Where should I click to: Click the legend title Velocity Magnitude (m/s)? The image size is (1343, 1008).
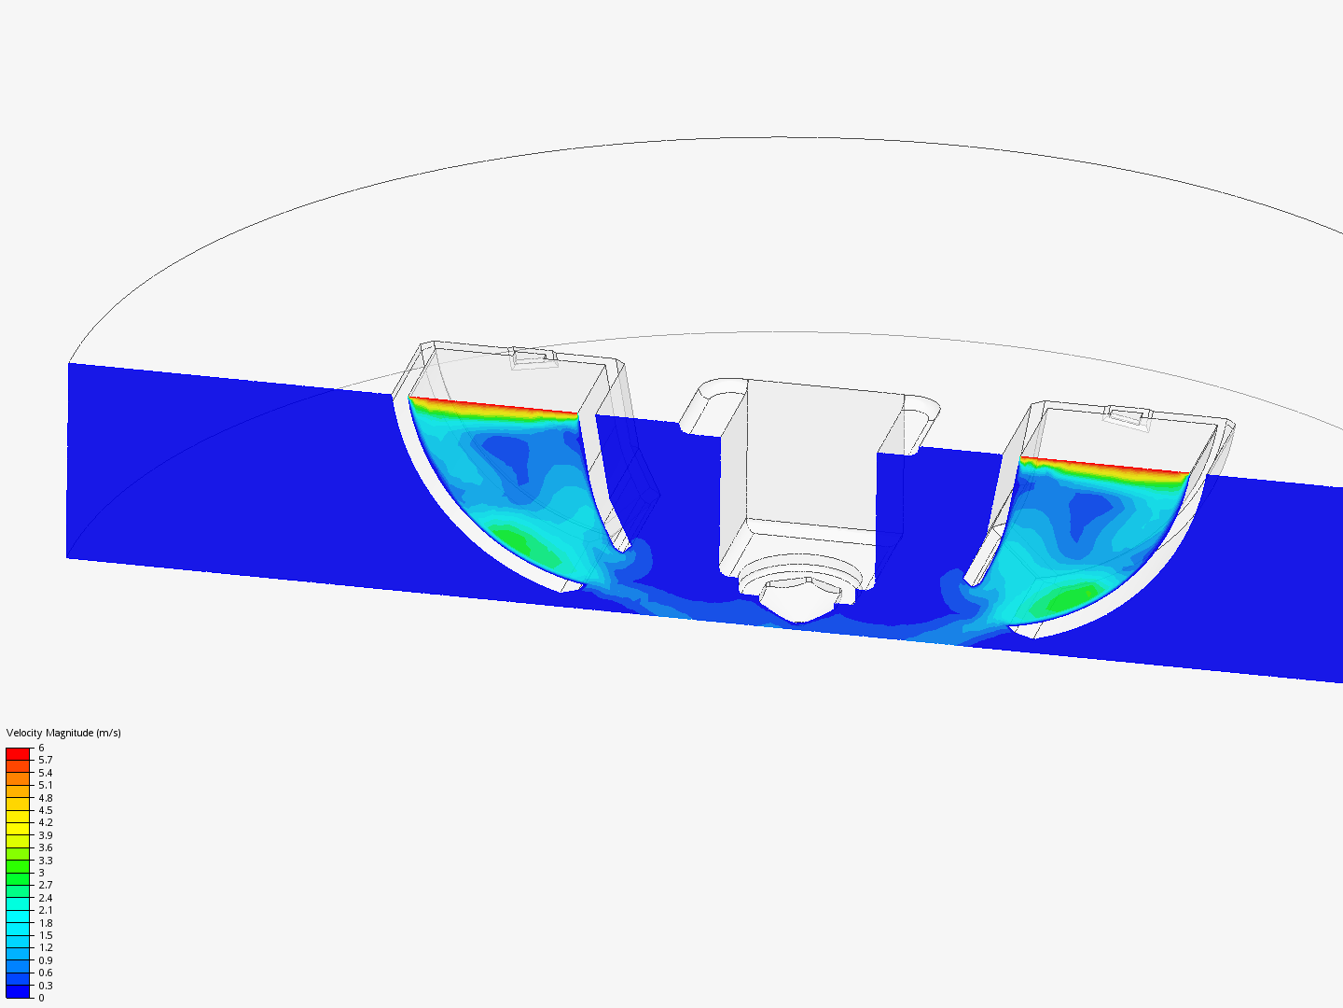63,733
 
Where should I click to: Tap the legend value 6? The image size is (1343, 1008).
41,748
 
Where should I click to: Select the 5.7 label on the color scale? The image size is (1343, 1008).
45,760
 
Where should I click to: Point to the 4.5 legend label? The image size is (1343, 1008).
45,810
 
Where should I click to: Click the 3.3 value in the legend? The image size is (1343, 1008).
45,861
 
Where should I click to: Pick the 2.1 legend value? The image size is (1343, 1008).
45,910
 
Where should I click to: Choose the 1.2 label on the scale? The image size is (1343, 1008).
45,947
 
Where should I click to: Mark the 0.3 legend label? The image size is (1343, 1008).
45,986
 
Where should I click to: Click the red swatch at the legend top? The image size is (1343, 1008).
18,753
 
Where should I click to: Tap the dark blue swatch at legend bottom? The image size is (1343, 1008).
18,991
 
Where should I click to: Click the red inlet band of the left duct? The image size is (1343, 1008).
494,406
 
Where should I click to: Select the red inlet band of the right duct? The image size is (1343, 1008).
1105,466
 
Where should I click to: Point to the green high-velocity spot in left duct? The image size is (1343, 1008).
522,543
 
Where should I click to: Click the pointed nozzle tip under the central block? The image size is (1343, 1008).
800,612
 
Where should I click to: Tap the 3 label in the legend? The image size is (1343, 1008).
41,873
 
